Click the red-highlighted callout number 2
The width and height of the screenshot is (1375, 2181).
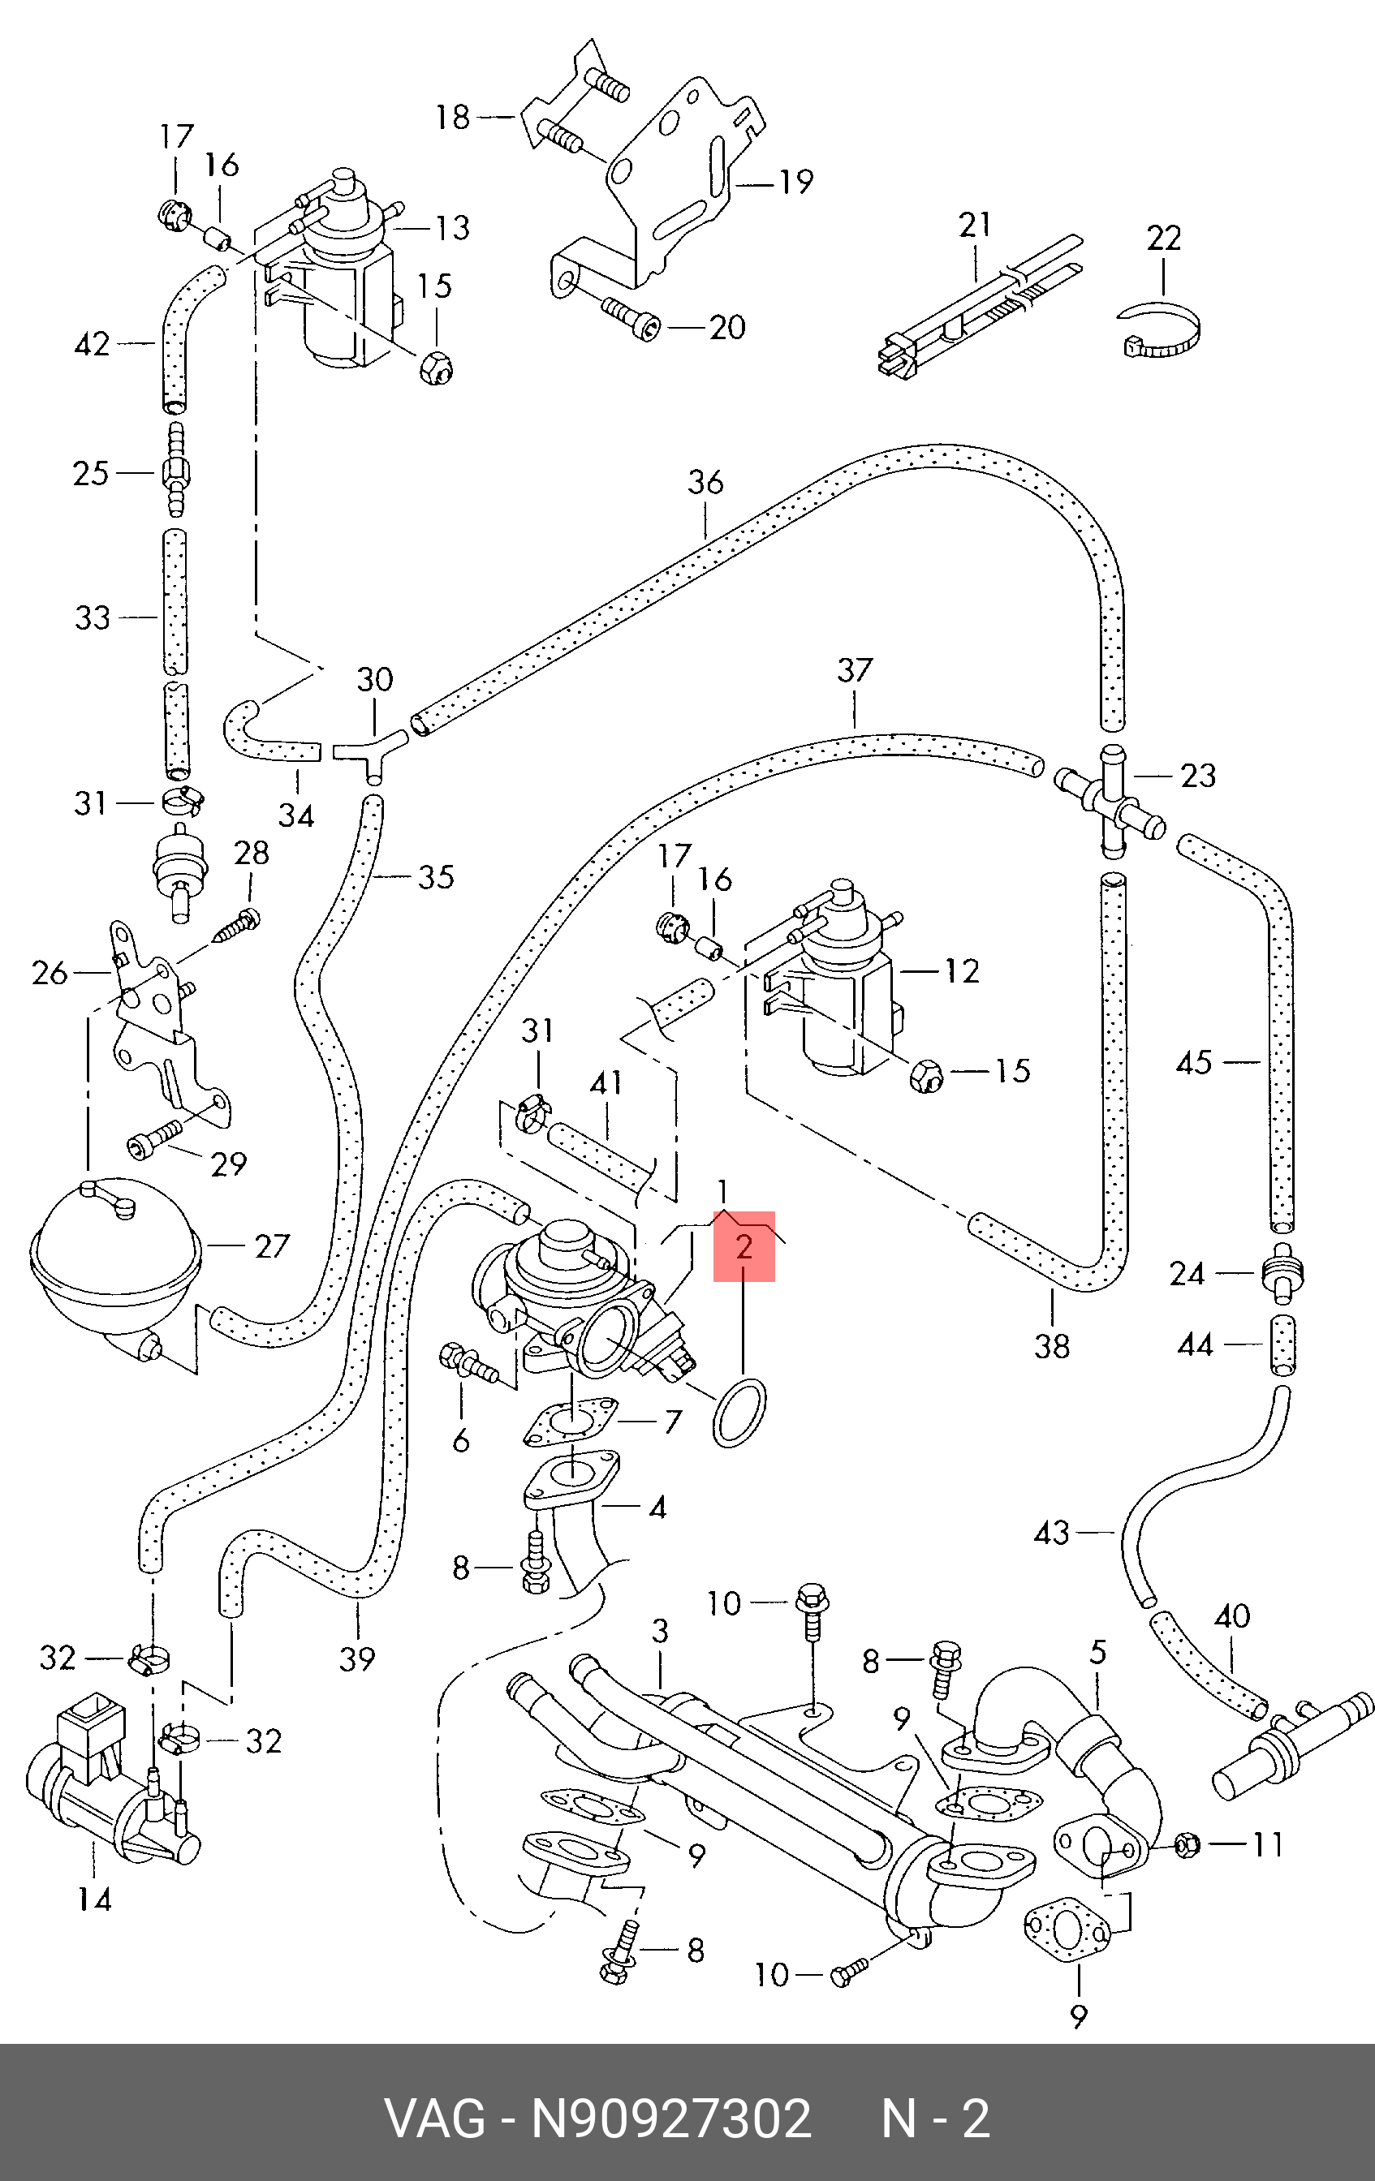(744, 1247)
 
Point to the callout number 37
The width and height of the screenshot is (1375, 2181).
(854, 670)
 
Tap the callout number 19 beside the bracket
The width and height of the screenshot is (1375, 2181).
(796, 182)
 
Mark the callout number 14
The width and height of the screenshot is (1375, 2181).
(94, 1898)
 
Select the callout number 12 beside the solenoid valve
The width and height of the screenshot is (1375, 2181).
(961, 971)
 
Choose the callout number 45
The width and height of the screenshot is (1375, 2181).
(1194, 1061)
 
